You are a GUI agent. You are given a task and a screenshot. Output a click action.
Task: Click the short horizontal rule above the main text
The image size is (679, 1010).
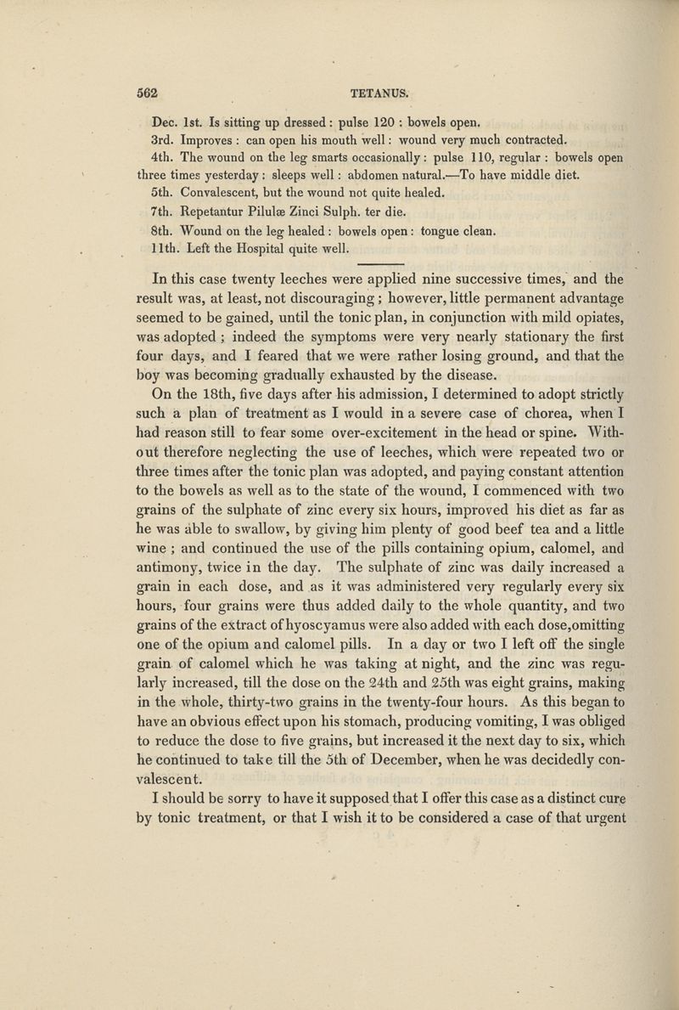pos(379,266)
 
